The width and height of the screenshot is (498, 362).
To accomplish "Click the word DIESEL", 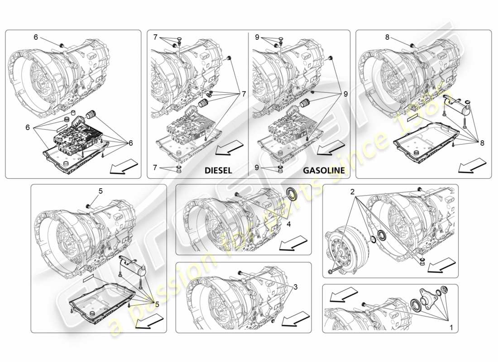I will [x=218, y=171].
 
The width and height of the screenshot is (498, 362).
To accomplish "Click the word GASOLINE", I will [x=324, y=171].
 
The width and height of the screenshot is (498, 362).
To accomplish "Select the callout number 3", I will [x=295, y=286].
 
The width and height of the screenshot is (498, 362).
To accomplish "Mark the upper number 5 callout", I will [x=101, y=191].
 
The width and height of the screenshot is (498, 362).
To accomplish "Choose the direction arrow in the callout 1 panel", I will [x=340, y=295].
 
